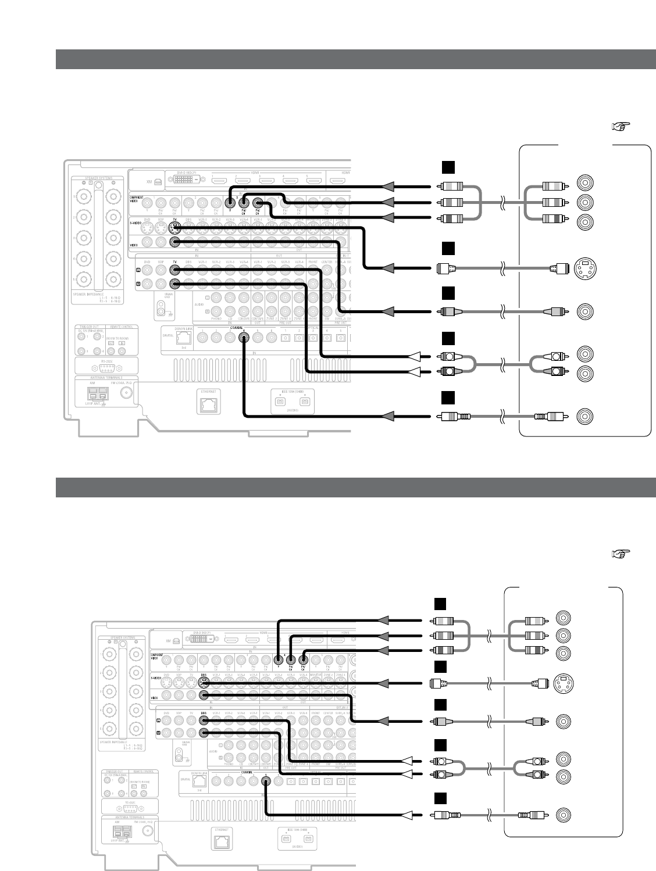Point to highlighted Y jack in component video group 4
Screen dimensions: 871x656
coord(279,659)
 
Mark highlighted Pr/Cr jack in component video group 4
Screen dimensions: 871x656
coord(302,659)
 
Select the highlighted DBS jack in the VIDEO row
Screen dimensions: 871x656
coord(204,694)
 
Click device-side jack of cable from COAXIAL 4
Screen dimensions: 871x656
coord(584,417)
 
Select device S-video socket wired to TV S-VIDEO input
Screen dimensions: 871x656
coord(584,268)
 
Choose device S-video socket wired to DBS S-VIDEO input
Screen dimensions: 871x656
coord(563,682)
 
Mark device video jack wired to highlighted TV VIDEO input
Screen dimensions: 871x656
coord(584,312)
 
